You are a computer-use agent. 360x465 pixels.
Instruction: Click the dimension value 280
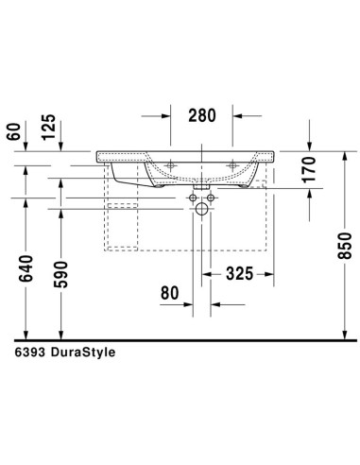point(202,116)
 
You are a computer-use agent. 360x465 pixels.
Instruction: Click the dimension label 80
point(169,293)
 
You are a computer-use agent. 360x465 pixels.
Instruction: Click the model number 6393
point(31,351)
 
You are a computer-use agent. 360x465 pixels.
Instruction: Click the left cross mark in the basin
point(171,165)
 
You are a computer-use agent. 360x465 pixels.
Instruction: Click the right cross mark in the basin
point(233,165)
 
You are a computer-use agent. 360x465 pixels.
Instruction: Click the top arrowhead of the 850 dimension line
point(348,153)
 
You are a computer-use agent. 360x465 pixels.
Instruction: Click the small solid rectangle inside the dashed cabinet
point(123,205)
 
